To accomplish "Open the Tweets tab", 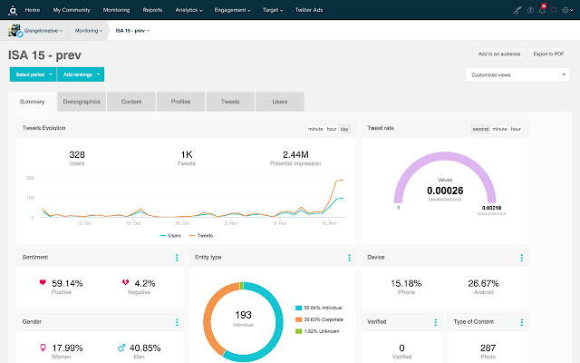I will click(x=230, y=102).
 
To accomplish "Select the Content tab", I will click(x=130, y=102).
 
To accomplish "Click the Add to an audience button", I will click(x=499, y=54).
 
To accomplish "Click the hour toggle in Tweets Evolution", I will click(x=332, y=129).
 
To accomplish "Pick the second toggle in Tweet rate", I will click(x=480, y=129).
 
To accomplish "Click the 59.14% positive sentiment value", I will click(x=68, y=283).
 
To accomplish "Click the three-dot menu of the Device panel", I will click(x=521, y=258).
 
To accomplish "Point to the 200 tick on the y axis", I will click(x=30, y=179).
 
